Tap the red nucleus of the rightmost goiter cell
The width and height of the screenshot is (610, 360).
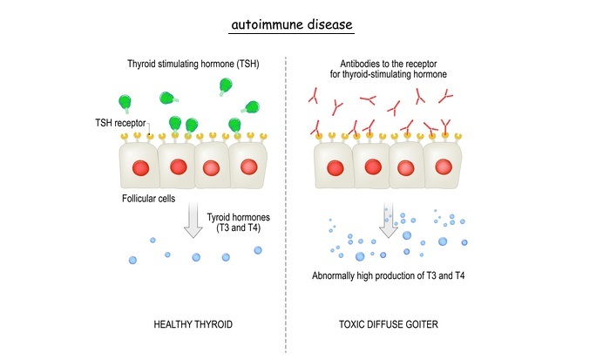point(443,166)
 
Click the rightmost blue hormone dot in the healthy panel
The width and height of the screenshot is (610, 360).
point(258,249)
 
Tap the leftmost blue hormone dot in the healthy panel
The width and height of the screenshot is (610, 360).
point(132,260)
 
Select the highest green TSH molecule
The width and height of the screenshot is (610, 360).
point(226,85)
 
